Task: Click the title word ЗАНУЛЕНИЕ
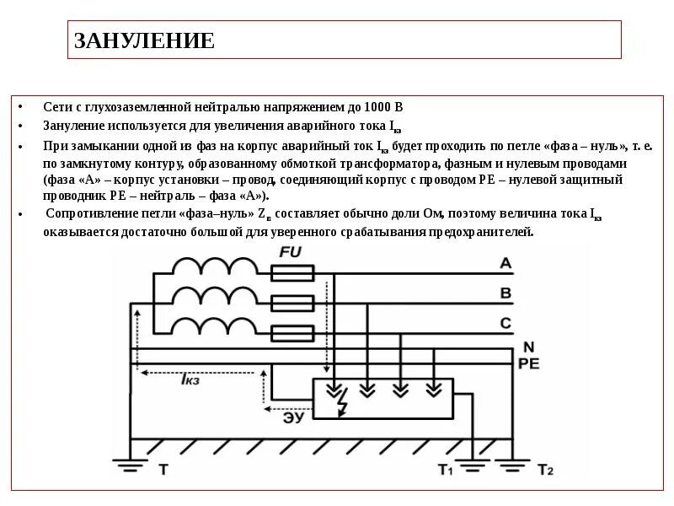pos(144,40)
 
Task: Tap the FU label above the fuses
pos(289,252)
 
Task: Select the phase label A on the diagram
pos(505,264)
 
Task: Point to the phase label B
pos(505,293)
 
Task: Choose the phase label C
pos(505,322)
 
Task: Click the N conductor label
pos(528,347)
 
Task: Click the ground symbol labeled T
pos(131,463)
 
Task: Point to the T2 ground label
pos(545,469)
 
